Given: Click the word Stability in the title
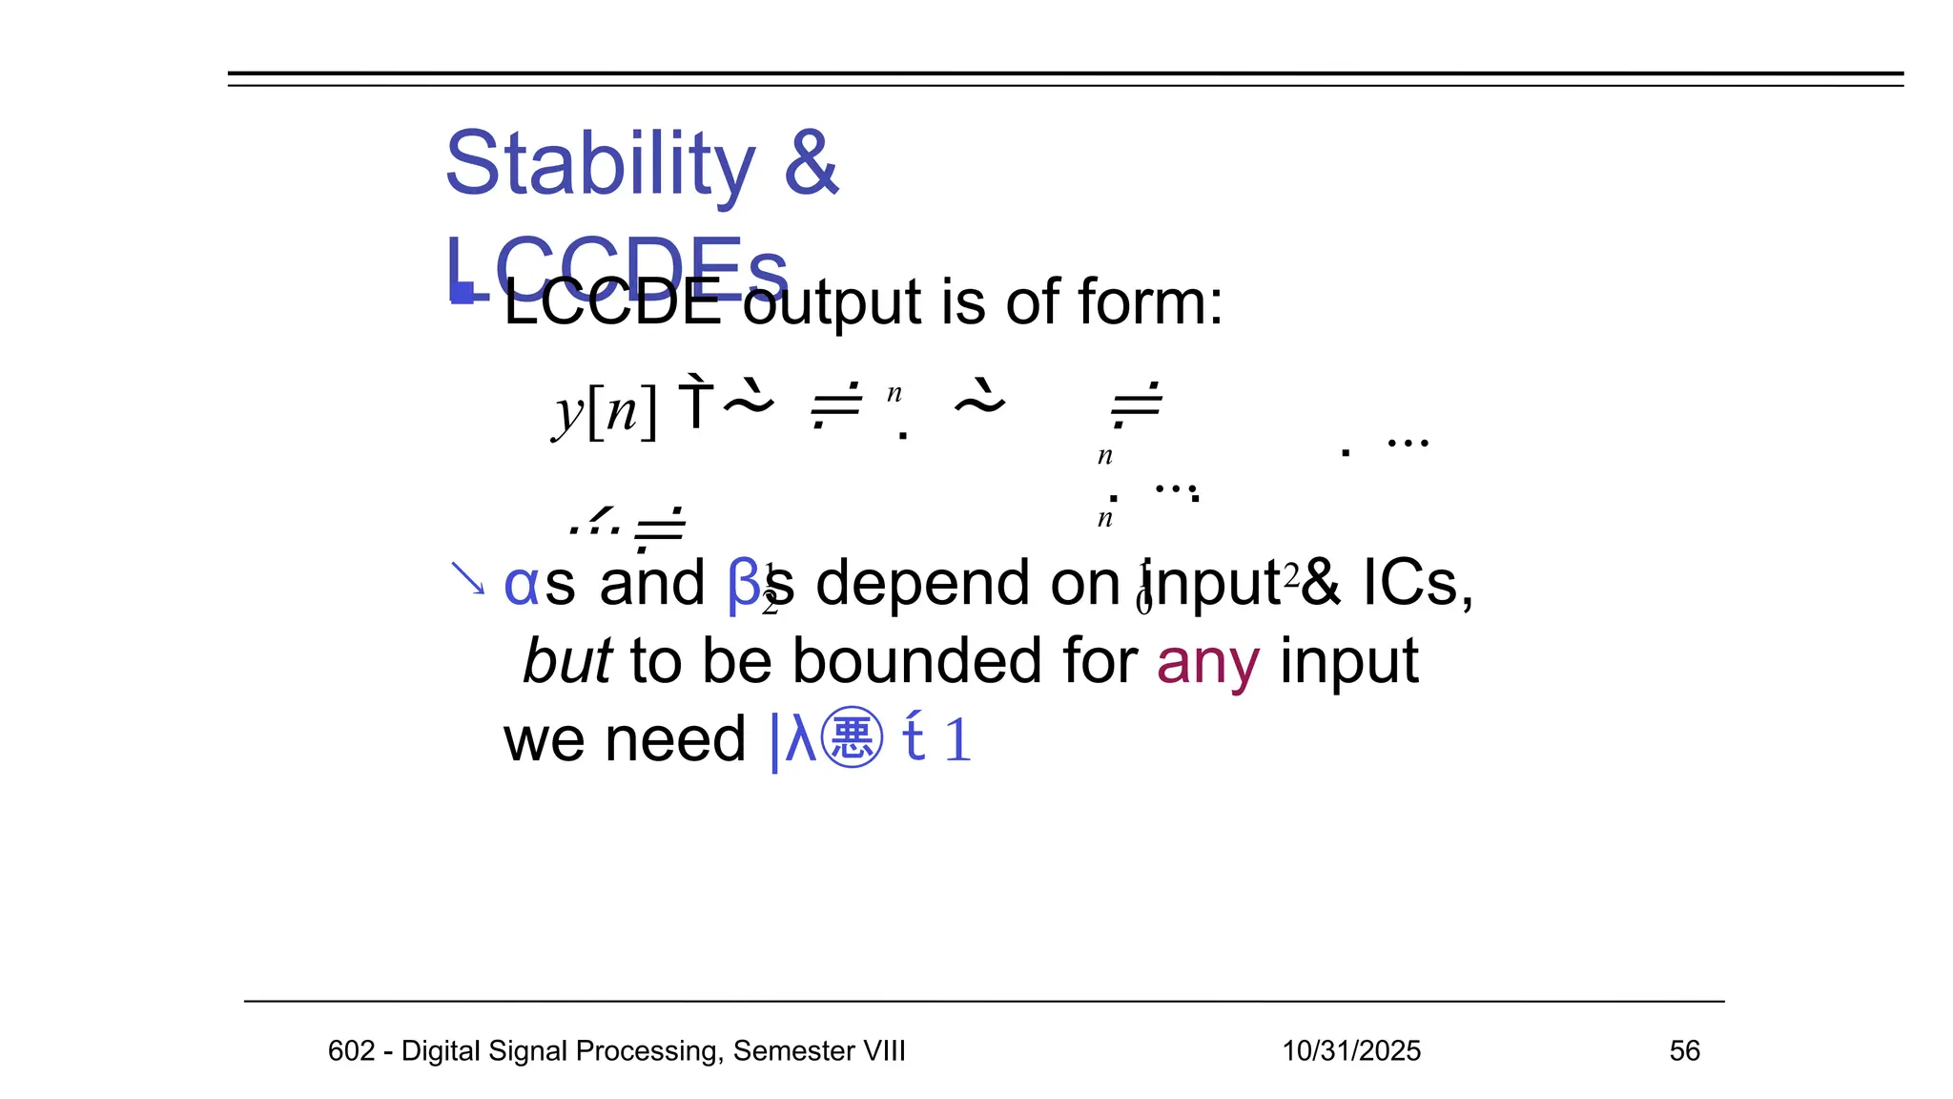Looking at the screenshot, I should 601,164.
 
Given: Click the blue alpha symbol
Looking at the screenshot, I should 521,584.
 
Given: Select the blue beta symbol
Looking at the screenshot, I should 743,584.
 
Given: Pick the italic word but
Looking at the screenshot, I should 567,661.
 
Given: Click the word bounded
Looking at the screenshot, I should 965,661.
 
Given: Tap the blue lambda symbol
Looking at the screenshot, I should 801,738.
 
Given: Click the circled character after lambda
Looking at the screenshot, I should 852,738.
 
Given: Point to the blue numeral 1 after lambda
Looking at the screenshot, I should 957,740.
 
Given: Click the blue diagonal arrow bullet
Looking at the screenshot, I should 467,578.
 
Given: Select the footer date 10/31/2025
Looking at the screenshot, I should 1350,1050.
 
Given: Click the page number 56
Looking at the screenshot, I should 1684,1050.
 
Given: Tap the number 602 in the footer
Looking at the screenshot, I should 351,1050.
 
